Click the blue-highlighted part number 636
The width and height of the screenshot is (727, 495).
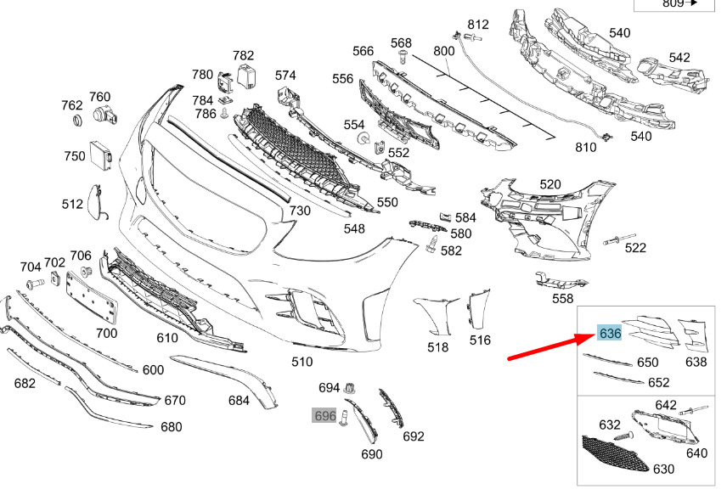[x=610, y=333]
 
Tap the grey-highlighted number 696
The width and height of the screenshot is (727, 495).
[x=324, y=416]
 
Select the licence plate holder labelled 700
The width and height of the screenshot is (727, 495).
[x=92, y=297]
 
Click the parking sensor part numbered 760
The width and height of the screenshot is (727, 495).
[x=104, y=115]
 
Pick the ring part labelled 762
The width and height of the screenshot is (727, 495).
[x=78, y=120]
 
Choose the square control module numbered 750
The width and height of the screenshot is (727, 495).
[x=101, y=153]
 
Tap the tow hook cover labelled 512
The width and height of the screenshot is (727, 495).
[x=98, y=201]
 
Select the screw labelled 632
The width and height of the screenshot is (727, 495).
[x=623, y=436]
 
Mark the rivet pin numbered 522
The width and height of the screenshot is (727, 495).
[x=619, y=239]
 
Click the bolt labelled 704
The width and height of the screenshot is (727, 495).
[x=35, y=282]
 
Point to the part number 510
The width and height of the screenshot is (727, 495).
[x=302, y=362]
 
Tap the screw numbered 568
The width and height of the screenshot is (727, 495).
[x=402, y=58]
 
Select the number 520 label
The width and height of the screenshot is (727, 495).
[x=549, y=184]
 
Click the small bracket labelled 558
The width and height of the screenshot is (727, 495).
[x=560, y=280]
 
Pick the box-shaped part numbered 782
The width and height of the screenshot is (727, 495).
[x=247, y=76]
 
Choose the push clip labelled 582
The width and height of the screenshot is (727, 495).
[x=432, y=244]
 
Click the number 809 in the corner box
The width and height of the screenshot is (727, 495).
[x=673, y=3]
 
